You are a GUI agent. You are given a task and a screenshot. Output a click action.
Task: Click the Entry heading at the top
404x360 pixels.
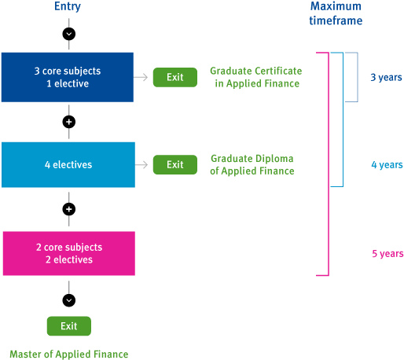68,7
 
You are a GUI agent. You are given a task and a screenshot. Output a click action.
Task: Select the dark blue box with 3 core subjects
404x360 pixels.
68,77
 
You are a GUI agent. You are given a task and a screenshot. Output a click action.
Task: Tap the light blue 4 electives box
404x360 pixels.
68,165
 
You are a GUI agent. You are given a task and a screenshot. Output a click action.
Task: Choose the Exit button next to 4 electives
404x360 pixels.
174,165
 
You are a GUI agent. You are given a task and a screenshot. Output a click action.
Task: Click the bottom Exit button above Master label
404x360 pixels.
68,325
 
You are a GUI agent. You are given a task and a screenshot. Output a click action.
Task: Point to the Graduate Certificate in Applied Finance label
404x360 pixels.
255,76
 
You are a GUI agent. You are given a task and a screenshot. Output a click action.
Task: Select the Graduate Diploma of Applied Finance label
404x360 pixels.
252,164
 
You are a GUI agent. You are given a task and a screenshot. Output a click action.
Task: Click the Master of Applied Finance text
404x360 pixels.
68,354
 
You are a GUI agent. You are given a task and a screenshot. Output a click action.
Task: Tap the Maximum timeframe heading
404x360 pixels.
335,14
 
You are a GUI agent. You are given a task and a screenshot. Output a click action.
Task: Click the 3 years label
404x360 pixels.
387,77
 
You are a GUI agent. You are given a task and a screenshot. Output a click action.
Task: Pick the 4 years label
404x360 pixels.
387,165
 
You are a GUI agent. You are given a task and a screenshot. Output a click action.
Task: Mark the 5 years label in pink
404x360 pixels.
387,253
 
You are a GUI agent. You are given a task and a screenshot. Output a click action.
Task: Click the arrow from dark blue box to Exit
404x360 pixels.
141,77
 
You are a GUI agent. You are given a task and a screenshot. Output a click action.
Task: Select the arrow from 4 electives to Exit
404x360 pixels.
141,165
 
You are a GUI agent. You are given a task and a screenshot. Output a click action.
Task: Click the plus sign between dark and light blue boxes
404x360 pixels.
68,122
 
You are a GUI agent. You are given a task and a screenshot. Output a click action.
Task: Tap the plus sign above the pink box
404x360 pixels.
68,210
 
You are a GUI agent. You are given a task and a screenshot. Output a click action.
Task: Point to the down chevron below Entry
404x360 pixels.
68,34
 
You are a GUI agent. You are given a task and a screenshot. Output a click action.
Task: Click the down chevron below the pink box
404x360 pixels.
68,299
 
